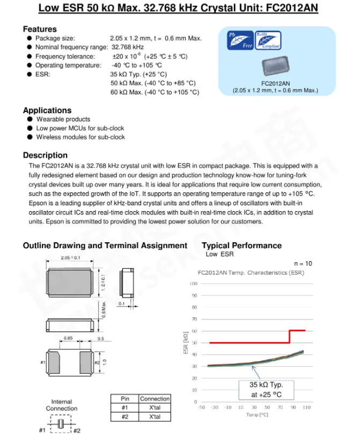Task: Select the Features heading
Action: tap(40, 29)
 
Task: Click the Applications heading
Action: tap(47, 110)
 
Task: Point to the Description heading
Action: tap(45, 155)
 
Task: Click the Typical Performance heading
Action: tap(241, 246)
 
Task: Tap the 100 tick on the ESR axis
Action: tap(194, 283)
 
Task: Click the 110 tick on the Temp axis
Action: tap(306, 408)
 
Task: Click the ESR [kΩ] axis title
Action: tap(186, 343)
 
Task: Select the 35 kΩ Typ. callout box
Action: tap(266, 390)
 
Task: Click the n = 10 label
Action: tap(303, 264)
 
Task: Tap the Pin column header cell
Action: tap(124, 399)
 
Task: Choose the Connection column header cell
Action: tap(155, 399)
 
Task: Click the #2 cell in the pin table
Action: tap(124, 417)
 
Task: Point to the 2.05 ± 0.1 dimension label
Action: tap(70, 257)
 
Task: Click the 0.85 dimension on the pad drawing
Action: tap(68, 338)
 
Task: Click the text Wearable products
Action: tap(63, 120)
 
